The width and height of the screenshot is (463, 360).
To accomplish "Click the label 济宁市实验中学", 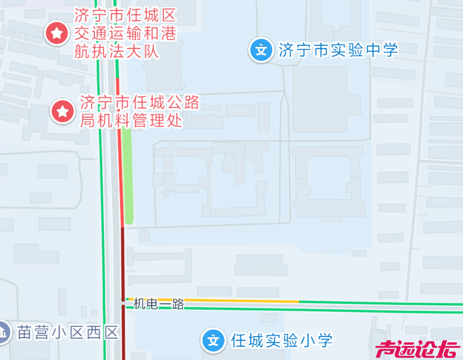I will [338, 50].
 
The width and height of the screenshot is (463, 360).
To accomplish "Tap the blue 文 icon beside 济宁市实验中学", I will [261, 50].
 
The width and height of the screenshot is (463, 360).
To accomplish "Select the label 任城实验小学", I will [282, 341].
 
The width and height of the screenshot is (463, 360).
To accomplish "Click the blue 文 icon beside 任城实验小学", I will [213, 340].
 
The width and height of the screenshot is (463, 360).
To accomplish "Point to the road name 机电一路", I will [159, 304].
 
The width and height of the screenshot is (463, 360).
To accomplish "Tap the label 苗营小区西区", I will [68, 332].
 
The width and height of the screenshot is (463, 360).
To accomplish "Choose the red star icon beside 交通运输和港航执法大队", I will [57, 33].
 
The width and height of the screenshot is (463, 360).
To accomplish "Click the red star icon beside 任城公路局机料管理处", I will [63, 112].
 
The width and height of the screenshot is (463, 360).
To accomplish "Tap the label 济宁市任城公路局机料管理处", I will [140, 112].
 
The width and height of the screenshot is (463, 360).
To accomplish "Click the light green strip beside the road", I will [127, 176].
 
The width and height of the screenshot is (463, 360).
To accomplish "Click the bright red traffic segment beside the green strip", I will [121, 180].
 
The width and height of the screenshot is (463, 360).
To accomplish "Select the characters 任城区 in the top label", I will [151, 16].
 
